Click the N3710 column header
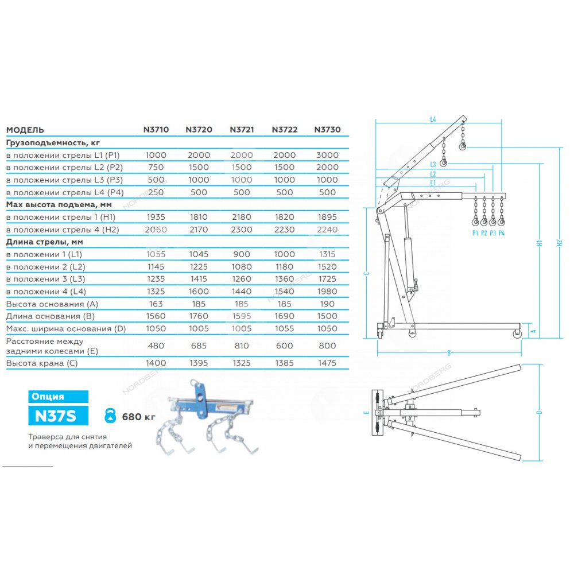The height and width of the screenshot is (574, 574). pyautogui.click(x=156, y=130)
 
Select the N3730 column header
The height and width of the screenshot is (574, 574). pyautogui.click(x=327, y=130)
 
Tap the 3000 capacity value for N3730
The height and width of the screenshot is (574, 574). pyautogui.click(x=327, y=155)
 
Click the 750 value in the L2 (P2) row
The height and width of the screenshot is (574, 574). pyautogui.click(x=156, y=167)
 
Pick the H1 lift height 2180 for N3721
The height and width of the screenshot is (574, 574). pyautogui.click(x=242, y=217)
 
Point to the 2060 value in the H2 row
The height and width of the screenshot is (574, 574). pyautogui.click(x=156, y=230)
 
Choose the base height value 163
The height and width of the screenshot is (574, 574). pyautogui.click(x=156, y=304)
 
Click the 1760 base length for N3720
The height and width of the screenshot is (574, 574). pyautogui.click(x=199, y=316)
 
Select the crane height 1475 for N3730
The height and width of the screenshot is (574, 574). pyautogui.click(x=327, y=363)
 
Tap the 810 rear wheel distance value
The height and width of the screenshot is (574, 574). pyautogui.click(x=242, y=346)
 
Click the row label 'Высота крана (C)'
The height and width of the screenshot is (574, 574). pyautogui.click(x=42, y=363)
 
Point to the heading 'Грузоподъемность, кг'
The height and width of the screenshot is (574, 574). pyautogui.click(x=53, y=143)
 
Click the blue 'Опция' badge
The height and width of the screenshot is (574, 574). pyautogui.click(x=58, y=397)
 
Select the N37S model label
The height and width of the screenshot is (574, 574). pyautogui.click(x=58, y=416)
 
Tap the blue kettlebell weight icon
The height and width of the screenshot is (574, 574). pyautogui.click(x=110, y=416)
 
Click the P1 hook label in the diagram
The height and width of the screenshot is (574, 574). pyautogui.click(x=475, y=233)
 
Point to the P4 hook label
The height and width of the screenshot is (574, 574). pyautogui.click(x=502, y=233)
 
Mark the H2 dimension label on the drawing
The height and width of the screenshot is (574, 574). pyautogui.click(x=559, y=242)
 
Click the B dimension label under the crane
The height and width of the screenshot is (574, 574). pyautogui.click(x=449, y=353)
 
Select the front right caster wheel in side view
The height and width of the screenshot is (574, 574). pyautogui.click(x=517, y=333)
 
